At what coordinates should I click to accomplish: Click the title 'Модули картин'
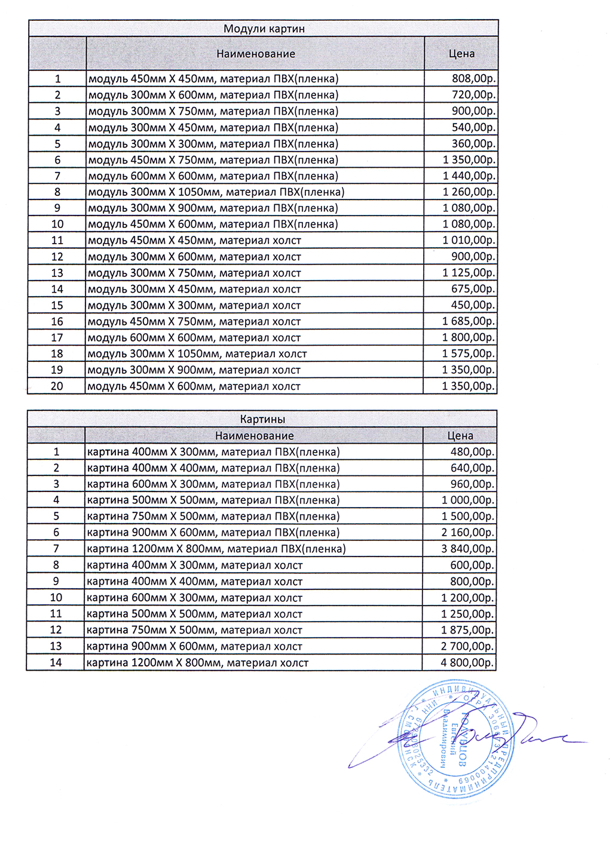pos(264,29)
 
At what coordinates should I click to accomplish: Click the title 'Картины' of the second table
pos(262,419)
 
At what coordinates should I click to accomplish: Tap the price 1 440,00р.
pos(469,176)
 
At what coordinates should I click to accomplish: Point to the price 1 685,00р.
pos(469,321)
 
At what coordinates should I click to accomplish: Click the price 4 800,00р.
pos(467,662)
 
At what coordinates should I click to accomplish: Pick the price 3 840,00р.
pos(467,548)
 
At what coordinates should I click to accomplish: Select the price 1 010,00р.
pos(469,240)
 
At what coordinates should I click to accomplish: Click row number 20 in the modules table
pos(57,386)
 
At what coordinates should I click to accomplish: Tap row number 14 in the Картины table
pos(56,662)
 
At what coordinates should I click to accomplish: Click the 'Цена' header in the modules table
pos(461,54)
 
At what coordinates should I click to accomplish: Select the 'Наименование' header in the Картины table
pos(255,436)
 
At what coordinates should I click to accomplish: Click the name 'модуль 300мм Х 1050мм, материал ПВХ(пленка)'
pos(216,192)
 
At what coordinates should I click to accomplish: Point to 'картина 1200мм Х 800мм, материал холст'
pos(197,662)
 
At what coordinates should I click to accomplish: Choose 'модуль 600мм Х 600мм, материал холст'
pos(194,337)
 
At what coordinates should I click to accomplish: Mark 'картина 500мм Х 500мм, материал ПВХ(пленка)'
pos(213,500)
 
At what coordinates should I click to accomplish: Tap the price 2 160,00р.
pos(467,532)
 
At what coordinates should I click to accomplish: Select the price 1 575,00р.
pos(469,354)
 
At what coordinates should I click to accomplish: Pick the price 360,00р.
pos(474,143)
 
